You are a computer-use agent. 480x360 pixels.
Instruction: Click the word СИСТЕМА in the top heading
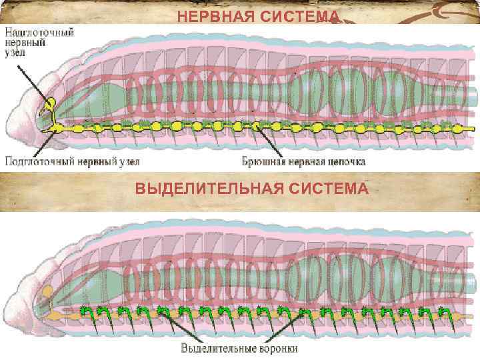298,17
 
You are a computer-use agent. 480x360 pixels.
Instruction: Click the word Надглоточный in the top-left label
40,31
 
